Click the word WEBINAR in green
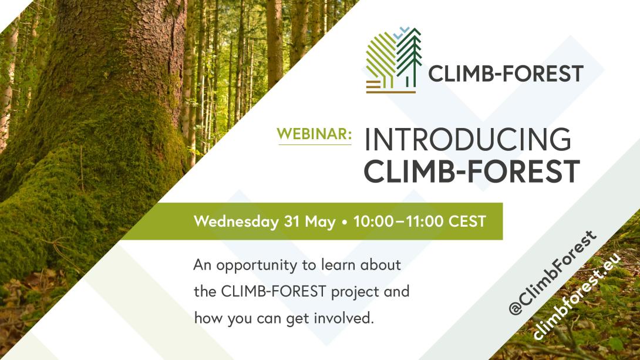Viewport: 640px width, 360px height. (x=314, y=134)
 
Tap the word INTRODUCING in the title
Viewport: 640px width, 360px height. (x=468, y=140)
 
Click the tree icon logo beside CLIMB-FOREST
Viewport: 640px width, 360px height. (x=393, y=60)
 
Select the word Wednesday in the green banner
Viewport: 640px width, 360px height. (x=236, y=221)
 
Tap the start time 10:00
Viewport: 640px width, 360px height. (x=373, y=221)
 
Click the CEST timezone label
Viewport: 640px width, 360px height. (x=467, y=221)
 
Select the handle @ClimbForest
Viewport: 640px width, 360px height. (x=553, y=272)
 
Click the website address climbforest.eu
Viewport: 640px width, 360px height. (x=577, y=297)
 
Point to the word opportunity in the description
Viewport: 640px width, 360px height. (x=257, y=266)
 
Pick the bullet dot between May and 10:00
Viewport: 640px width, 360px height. (x=345, y=223)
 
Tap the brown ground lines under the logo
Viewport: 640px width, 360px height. (x=390, y=88)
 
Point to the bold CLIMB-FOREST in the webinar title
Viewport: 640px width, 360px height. (x=471, y=171)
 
